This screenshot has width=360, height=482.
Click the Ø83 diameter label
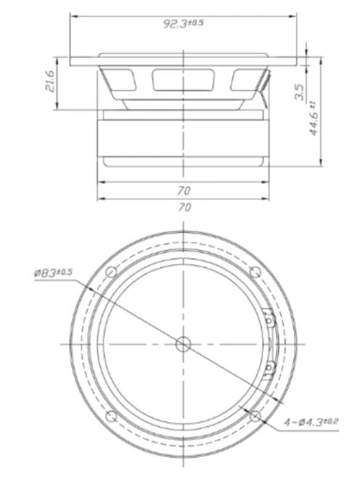coord(53,272)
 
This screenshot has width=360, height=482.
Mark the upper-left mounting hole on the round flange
coord(111,272)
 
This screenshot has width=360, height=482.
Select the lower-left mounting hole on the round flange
coord(111,416)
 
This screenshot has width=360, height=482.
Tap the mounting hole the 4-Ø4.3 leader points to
coord(255,415)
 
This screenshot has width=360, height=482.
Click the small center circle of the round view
coord(184,343)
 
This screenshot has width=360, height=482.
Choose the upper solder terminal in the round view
coord(268,316)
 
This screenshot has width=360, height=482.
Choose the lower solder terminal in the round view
coord(268,369)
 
